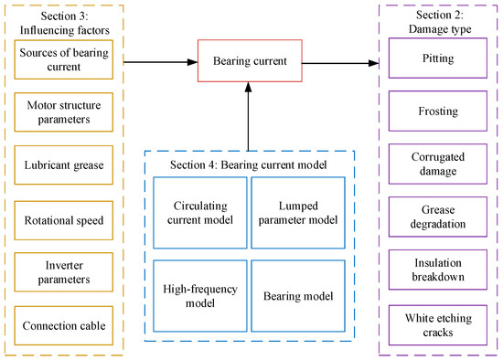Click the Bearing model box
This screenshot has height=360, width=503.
[x=294, y=294]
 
